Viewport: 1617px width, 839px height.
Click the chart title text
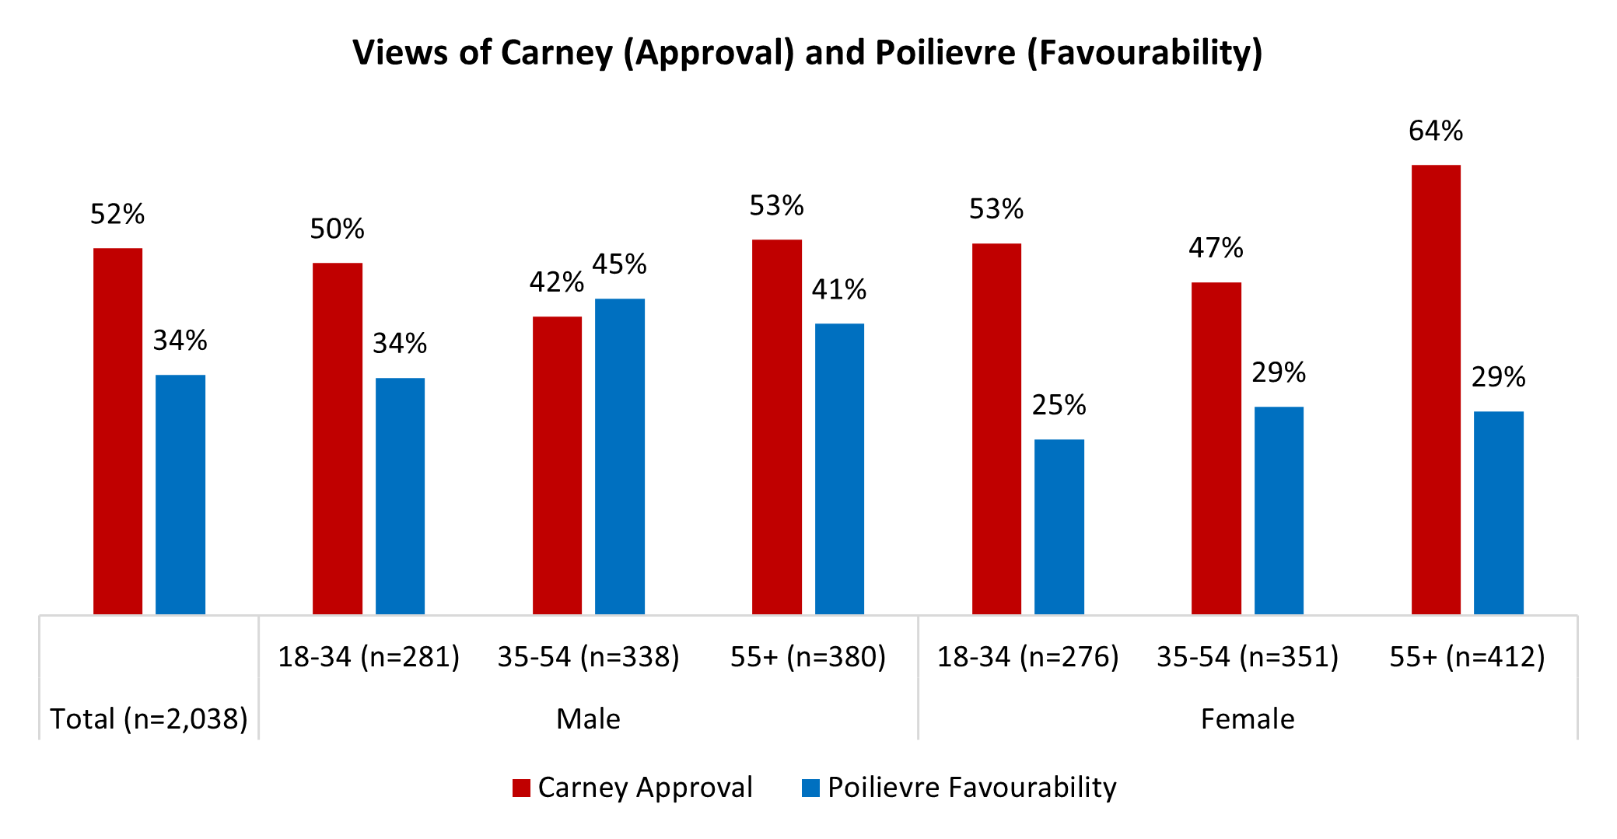807,53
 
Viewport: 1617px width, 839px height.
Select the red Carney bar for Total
117,432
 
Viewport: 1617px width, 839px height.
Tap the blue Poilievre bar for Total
180,495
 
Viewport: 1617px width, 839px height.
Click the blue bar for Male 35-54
620,456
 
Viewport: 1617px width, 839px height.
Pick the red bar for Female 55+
1436,390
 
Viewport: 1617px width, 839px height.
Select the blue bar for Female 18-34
1059,526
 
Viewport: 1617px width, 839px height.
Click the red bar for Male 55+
776,427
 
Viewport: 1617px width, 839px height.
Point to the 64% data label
1436,131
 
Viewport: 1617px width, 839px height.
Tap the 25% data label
1059,405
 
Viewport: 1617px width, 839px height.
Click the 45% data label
619,264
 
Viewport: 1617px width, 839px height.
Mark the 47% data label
1216,248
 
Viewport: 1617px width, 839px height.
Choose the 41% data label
839,290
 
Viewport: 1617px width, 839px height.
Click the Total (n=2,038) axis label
149,718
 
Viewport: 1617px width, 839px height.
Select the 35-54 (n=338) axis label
588,657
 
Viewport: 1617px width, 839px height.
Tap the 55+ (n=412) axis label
1467,657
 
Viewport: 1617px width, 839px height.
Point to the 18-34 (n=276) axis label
1027,657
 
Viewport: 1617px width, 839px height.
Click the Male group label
588,718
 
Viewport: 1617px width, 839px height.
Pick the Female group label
1248,718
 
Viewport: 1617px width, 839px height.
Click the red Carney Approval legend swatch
521,788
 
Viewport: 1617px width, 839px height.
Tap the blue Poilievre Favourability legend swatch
811,788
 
